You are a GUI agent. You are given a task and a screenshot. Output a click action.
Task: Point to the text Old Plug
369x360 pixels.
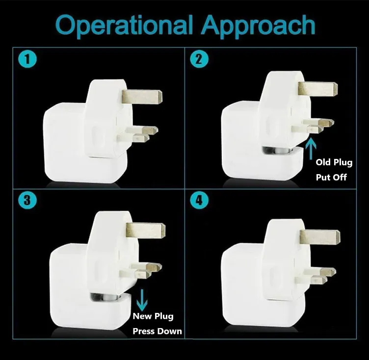tap(334, 162)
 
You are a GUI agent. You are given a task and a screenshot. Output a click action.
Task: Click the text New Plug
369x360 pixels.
tap(153, 316)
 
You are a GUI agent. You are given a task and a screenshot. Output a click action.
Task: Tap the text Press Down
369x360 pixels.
tap(157, 331)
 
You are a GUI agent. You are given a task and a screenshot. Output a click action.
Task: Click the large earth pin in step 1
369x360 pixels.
tap(143, 96)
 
